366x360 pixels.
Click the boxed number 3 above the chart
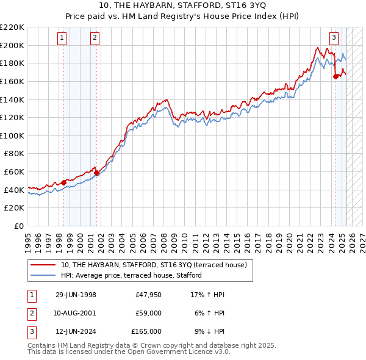334,37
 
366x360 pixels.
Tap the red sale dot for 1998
63,182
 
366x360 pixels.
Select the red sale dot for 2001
96,173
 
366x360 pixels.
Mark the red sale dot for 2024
335,76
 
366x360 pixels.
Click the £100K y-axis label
12,135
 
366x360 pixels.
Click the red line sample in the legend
43,265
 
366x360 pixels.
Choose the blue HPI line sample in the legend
43,275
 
